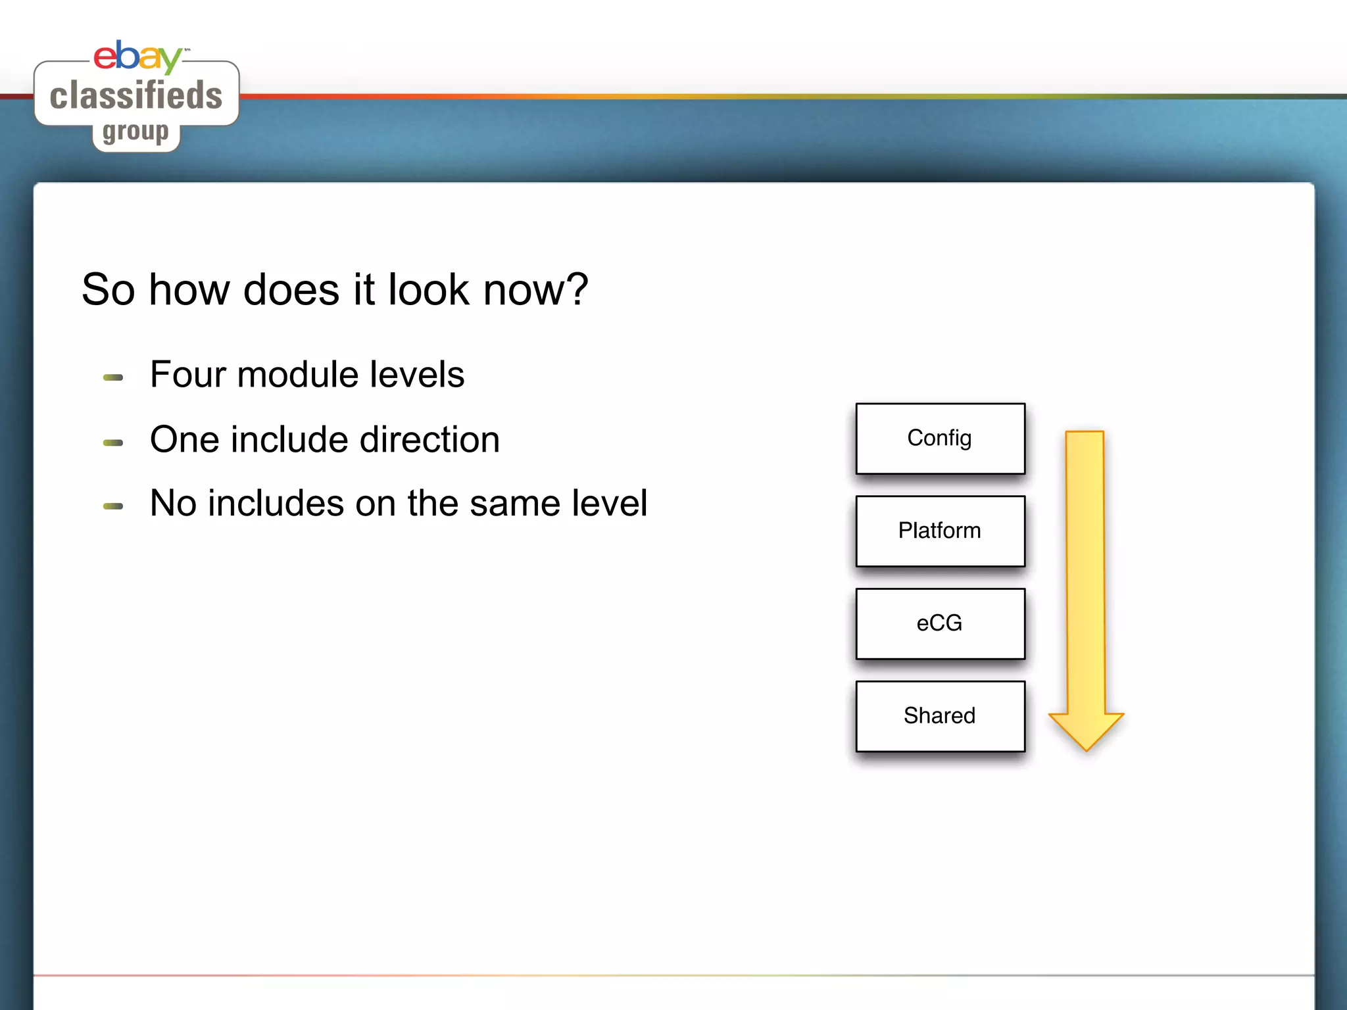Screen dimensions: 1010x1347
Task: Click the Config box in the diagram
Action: click(940, 439)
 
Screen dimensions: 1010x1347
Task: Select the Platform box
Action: click(940, 531)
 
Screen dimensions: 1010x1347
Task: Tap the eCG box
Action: click(940, 623)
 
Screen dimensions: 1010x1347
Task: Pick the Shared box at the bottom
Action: click(940, 716)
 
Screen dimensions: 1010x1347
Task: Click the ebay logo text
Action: click(137, 57)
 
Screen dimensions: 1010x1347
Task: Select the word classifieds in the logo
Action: click(136, 95)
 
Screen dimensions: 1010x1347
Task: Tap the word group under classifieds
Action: click(135, 132)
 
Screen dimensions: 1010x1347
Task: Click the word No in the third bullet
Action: click(173, 504)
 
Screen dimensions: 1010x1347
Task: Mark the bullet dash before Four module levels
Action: click(113, 377)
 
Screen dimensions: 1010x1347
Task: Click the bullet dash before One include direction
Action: click(113, 443)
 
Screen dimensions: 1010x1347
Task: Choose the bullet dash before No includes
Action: click(113, 506)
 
